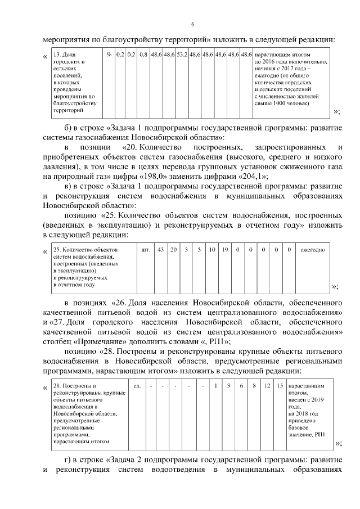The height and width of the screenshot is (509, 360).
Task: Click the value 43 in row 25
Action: tap(161, 249)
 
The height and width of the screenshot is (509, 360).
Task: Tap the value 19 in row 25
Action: tap(224, 249)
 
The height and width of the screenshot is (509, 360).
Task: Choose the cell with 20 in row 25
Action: tap(174, 249)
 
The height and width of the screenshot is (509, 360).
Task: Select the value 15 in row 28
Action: tap(280, 386)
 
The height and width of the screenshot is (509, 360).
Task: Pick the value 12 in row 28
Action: tap(267, 386)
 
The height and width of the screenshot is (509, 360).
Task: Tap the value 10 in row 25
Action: tap(211, 249)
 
